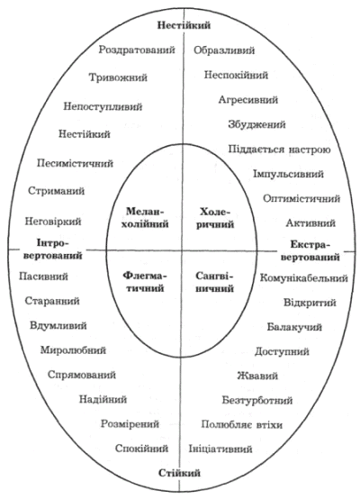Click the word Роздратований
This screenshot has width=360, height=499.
pos(137,50)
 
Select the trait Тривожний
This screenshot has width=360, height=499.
pos(118,77)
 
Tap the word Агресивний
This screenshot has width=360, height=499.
pos(248,100)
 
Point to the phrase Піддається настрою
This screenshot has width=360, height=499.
pos(280,150)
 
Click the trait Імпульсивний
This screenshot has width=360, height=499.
pos(288,175)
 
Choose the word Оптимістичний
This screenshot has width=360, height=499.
pos(301,199)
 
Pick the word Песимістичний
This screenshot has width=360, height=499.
pos(75,164)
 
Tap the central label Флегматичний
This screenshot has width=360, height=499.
pos(144,282)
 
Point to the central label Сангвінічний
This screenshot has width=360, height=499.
pos(214,282)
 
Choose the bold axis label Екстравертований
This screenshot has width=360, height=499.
pos(310,250)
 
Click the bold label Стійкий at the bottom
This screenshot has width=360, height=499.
pos(179,473)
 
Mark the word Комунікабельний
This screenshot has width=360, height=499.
pos(304,278)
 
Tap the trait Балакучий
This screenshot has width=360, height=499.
pos(294,327)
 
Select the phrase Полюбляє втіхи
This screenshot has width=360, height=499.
pos(242,425)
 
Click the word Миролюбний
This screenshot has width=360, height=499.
pos(73,350)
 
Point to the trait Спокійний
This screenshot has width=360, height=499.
pos(142,449)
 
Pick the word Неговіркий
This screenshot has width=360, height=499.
pos(53,222)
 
